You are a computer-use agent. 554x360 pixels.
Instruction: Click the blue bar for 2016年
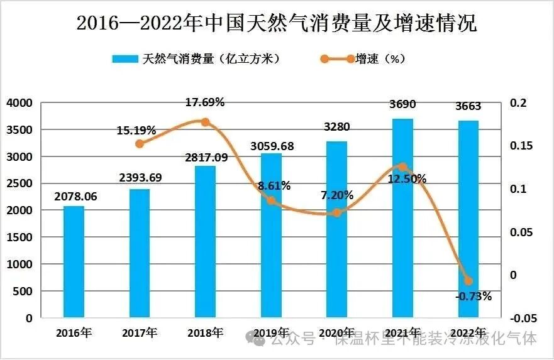(x=74, y=262)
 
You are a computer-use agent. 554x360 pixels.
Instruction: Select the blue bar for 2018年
(x=205, y=242)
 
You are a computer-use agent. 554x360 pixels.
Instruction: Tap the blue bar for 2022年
(x=468, y=219)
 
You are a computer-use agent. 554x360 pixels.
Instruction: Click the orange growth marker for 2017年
(x=140, y=144)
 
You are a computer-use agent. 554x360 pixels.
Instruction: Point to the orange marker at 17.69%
(x=205, y=122)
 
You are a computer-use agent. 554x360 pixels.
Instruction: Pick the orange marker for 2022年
(x=468, y=281)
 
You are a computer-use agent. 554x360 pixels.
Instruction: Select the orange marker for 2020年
(x=337, y=212)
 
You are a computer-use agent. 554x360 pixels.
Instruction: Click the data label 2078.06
(x=75, y=197)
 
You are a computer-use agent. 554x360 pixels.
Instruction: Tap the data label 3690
(x=402, y=104)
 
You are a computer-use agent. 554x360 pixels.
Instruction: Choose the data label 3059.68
(x=272, y=146)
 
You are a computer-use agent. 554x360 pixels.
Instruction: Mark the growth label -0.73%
(x=474, y=296)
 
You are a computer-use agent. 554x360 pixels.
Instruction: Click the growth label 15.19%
(x=136, y=131)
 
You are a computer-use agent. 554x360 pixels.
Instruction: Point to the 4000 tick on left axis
(x=19, y=103)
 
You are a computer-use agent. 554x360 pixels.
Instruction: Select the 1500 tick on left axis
(x=19, y=237)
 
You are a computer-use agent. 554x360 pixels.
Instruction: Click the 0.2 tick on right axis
(x=518, y=102)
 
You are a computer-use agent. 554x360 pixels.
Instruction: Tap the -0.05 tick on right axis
(x=523, y=319)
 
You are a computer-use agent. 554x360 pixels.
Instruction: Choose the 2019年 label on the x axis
(x=271, y=333)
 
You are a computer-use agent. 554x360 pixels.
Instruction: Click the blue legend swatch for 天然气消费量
(x=125, y=58)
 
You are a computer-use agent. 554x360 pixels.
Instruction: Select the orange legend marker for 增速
(x=338, y=59)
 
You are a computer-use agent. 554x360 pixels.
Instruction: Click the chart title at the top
(x=277, y=23)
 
